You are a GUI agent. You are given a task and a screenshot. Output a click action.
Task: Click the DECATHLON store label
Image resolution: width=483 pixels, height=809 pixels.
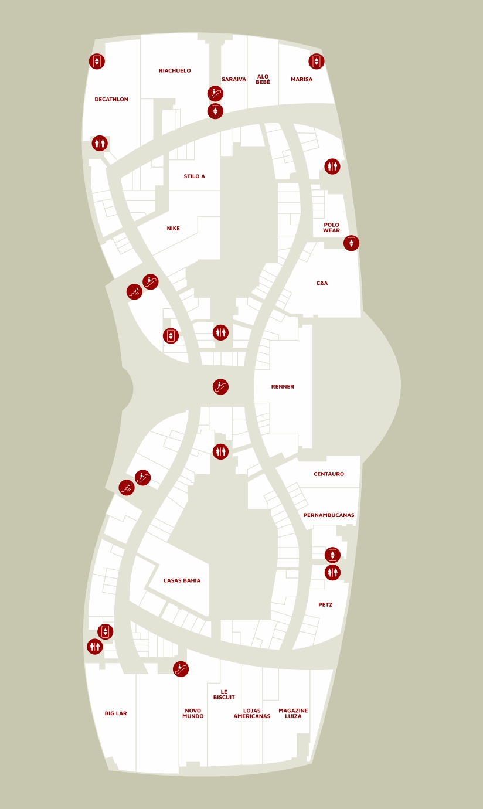111,100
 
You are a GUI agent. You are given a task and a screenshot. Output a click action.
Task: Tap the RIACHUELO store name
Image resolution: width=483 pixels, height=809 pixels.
175,71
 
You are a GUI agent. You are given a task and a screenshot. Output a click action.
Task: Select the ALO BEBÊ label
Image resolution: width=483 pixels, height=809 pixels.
263,80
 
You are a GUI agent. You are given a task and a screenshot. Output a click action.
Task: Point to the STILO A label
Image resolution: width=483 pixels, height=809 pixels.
194,176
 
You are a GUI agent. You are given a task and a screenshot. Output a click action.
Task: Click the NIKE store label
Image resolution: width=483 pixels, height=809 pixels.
173,229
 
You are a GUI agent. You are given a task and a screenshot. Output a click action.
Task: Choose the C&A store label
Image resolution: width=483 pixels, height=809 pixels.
322,284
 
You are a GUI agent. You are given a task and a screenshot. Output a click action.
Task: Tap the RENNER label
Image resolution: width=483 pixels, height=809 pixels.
283,387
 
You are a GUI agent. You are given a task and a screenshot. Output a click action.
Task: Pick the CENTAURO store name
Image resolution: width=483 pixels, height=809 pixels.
329,474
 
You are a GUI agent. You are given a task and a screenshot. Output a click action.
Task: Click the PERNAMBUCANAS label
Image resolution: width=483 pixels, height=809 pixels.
329,515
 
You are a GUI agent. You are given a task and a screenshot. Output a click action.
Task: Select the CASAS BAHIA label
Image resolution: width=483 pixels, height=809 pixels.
182,581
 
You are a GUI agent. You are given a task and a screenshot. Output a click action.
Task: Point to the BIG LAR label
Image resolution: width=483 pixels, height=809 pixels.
116,713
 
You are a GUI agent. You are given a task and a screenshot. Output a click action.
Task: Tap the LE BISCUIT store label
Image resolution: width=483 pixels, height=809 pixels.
224,695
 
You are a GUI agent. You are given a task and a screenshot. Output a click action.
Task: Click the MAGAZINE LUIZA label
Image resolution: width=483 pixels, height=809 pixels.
293,713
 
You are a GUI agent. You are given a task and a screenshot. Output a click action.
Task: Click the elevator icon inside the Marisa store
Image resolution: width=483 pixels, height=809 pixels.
317,61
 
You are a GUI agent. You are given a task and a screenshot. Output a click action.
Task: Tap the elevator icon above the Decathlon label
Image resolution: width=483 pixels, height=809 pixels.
97,61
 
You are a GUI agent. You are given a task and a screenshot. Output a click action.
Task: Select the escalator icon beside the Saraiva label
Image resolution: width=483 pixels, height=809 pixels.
215,93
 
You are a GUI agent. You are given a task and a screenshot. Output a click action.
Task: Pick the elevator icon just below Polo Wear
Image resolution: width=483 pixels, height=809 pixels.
351,243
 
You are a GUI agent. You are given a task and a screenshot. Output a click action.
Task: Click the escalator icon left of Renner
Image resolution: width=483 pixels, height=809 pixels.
220,387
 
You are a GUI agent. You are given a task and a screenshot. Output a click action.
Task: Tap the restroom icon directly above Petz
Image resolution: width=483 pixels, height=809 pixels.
332,573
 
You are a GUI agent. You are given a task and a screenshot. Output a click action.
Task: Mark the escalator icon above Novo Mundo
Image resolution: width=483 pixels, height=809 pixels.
181,669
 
